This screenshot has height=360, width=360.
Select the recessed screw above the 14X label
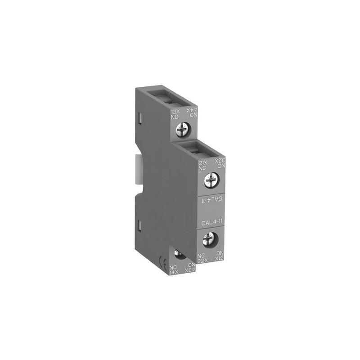pyautogui.click(x=179, y=255)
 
